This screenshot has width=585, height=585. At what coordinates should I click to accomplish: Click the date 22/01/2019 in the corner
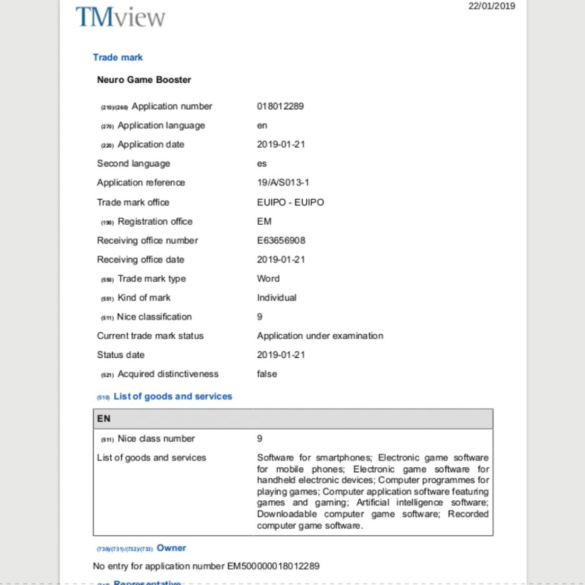coord(491,6)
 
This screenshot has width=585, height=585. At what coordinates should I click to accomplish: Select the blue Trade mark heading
coord(118,57)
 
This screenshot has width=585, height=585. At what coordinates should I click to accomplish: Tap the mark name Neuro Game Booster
coord(144,79)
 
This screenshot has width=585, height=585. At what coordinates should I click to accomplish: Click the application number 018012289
coord(280,106)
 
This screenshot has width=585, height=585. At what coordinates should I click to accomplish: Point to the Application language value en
coord(262,126)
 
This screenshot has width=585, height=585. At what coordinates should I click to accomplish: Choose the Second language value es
coord(262,164)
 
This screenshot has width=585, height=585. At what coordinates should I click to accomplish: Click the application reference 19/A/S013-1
coord(283,182)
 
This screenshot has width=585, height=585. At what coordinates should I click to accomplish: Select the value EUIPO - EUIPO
coord(290,202)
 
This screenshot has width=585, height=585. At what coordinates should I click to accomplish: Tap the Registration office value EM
coord(264,221)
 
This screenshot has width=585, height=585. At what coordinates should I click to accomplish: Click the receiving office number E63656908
coord(281,240)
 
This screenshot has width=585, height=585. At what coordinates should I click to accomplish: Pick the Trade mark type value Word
coord(268,278)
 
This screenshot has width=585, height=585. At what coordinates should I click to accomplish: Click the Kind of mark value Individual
coord(277,297)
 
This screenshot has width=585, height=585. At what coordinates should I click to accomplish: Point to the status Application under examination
coord(320,335)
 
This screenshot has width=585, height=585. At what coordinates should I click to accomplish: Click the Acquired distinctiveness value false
coord(267,374)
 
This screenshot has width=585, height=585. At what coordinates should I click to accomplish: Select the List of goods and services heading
coord(173,396)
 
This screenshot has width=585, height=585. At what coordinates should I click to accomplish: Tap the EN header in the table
coord(104,419)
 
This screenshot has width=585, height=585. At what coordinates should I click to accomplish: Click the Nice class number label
coord(156,438)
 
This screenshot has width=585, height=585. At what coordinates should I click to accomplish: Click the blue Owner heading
coord(171,548)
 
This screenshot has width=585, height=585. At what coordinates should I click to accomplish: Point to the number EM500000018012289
coord(273,566)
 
